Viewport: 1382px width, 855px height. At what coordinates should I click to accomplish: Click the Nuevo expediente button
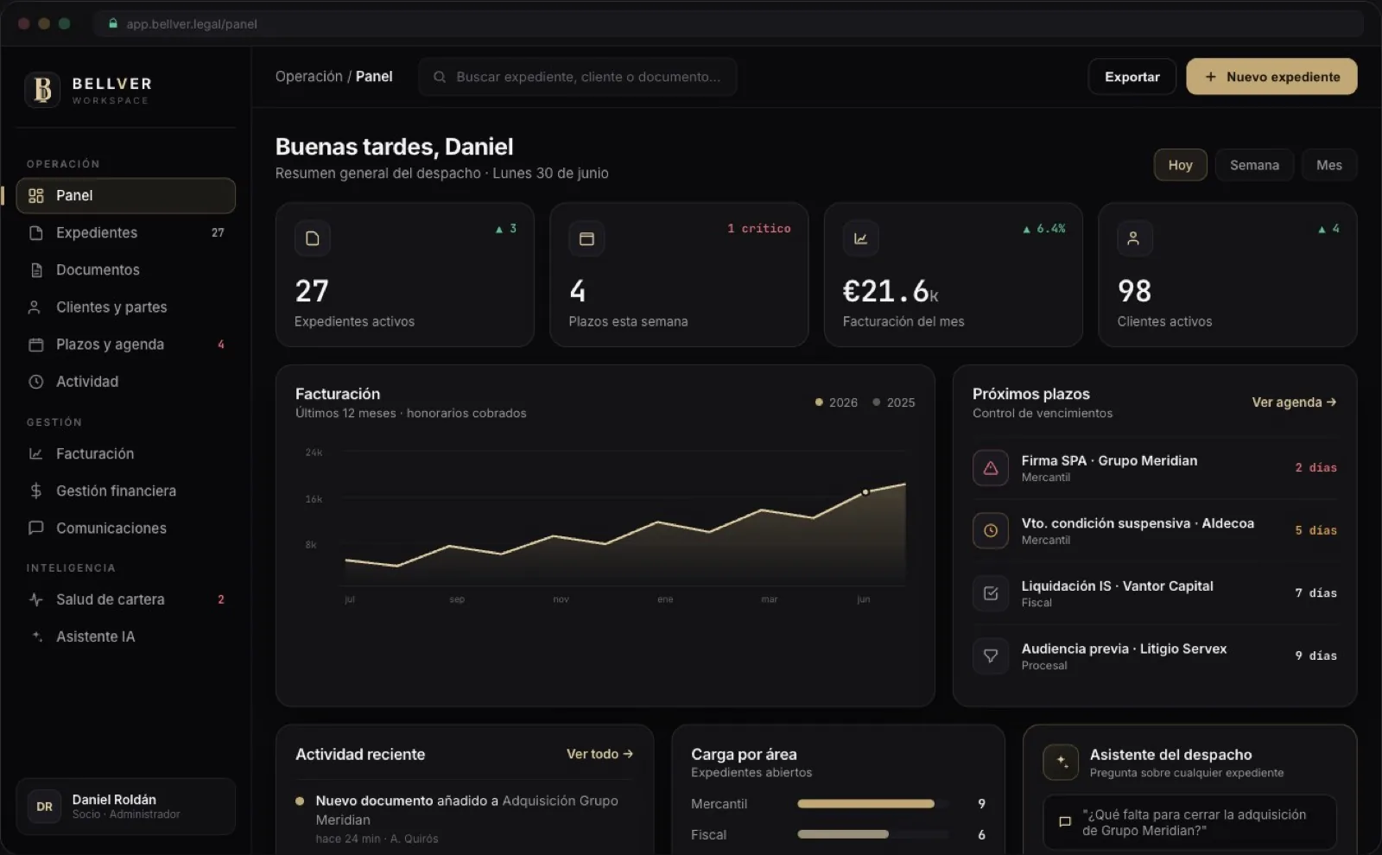1271,77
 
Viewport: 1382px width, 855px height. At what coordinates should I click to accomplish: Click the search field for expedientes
578,77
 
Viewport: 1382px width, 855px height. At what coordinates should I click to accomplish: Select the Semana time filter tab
1254,165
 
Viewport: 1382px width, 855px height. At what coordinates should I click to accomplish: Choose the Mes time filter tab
1329,165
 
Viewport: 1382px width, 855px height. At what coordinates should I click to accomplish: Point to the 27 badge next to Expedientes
218,232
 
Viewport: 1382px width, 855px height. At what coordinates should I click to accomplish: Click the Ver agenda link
1295,402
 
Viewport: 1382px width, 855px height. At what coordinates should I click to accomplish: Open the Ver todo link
599,754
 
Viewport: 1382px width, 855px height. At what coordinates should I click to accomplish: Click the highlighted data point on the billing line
865,492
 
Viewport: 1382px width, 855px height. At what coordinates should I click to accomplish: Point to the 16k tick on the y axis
314,499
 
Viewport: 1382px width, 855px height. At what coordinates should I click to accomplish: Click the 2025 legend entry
893,402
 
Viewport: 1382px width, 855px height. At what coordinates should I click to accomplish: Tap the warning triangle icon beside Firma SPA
991,468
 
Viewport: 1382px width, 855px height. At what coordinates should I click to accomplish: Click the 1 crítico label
759,228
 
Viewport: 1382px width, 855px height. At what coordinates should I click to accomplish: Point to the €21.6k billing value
891,291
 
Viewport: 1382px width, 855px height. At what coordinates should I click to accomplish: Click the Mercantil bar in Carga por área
865,804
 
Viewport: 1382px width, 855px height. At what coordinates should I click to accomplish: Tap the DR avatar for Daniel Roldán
44,807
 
